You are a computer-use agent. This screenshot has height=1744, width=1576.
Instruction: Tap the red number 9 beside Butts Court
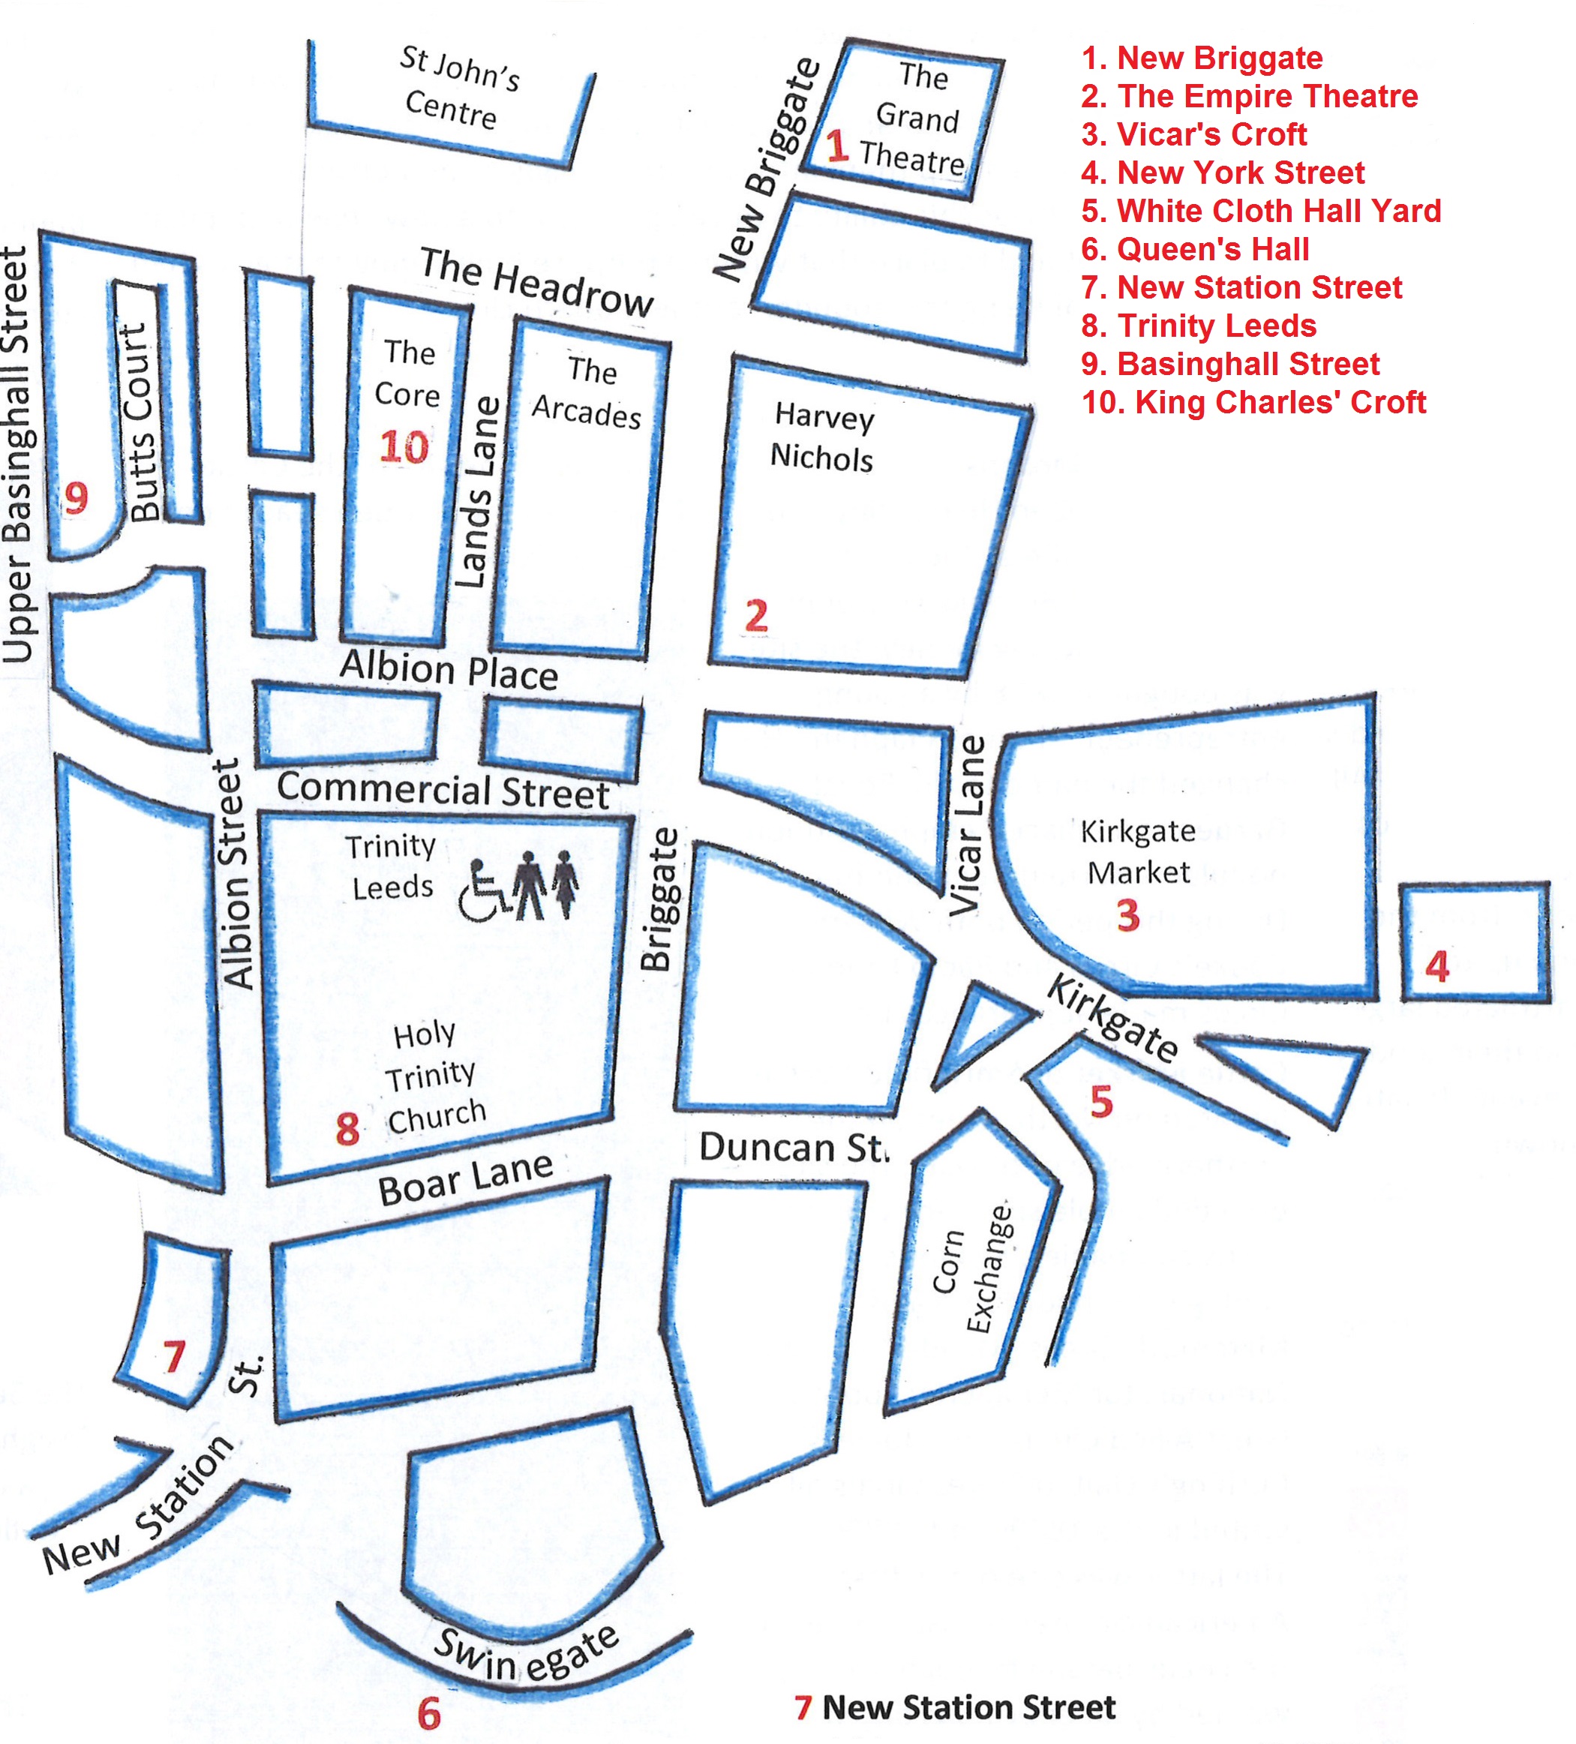click(x=76, y=497)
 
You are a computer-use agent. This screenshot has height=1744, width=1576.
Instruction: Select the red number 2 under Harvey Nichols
click(x=756, y=616)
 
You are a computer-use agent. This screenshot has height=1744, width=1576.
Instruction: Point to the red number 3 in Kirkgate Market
click(x=1128, y=915)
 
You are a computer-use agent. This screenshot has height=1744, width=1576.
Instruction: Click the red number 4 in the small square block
click(x=1436, y=966)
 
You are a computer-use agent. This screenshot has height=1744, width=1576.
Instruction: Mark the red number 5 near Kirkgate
click(x=1101, y=1102)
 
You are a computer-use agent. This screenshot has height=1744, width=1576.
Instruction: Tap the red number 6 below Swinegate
click(x=429, y=1714)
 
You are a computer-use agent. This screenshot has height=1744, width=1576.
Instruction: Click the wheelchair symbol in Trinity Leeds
click(x=484, y=892)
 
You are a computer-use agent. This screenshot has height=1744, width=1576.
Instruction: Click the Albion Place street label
click(x=449, y=671)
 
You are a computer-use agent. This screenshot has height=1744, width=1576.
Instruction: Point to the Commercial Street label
click(x=443, y=791)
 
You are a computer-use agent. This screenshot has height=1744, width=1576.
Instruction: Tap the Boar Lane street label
click(x=465, y=1180)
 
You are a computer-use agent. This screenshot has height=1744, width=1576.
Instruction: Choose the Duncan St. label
click(x=793, y=1148)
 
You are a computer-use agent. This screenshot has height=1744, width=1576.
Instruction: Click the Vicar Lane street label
click(x=968, y=825)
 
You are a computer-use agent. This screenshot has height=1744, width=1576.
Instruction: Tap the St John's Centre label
click(x=455, y=89)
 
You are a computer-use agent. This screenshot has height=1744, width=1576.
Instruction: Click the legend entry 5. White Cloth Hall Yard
click(x=1261, y=211)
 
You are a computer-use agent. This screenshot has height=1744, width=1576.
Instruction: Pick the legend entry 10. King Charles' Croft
click(x=1253, y=402)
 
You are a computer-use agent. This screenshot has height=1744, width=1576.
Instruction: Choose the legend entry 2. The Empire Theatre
click(x=1249, y=96)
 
